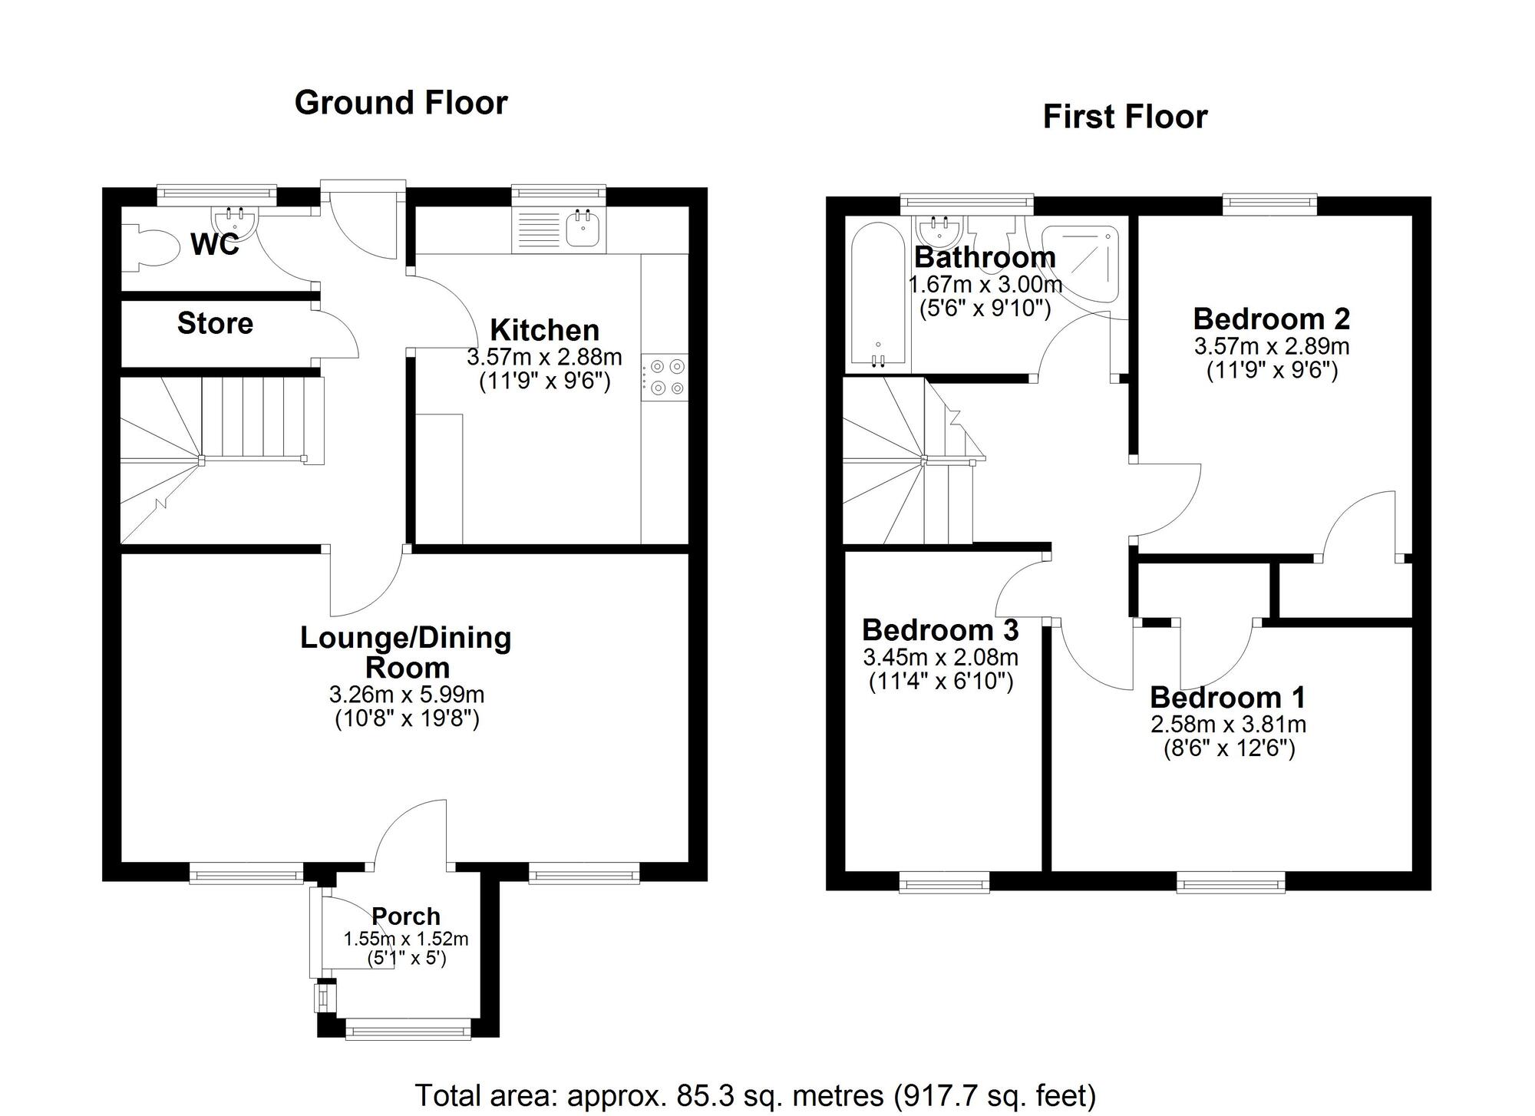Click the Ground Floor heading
point(401,103)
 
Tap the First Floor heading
point(1125,117)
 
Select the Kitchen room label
point(544,330)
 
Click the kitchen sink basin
point(583,228)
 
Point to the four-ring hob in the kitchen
point(665,378)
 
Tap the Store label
point(215,323)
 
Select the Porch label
point(406,916)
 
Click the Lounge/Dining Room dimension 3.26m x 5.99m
point(407,695)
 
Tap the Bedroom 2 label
point(1272,319)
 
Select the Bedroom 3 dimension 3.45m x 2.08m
point(941,657)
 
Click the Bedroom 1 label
point(1228,698)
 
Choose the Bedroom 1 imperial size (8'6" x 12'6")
point(1230,748)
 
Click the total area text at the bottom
point(755,1095)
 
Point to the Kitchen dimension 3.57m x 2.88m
point(544,358)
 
